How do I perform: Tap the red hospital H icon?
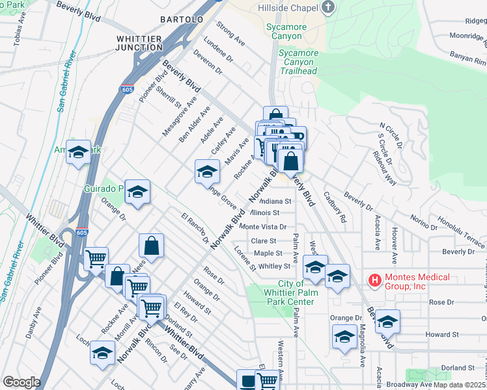point(374,280)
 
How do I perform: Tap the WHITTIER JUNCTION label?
point(139,44)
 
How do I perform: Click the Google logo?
point(21,382)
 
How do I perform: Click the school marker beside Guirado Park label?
point(137,192)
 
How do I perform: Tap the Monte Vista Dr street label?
point(263,226)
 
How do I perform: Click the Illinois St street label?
point(264,213)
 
